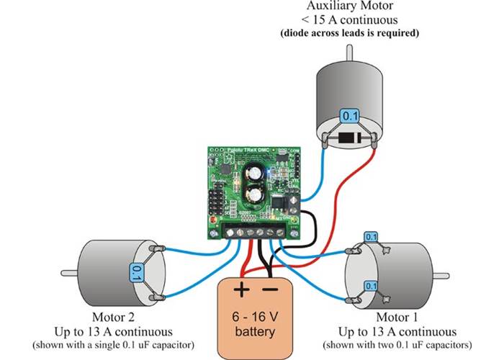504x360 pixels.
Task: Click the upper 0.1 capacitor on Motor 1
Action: coord(371,237)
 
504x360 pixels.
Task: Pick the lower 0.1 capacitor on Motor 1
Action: coord(371,286)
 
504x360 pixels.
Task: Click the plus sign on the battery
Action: coord(240,292)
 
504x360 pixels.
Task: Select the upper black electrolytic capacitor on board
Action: coord(253,174)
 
